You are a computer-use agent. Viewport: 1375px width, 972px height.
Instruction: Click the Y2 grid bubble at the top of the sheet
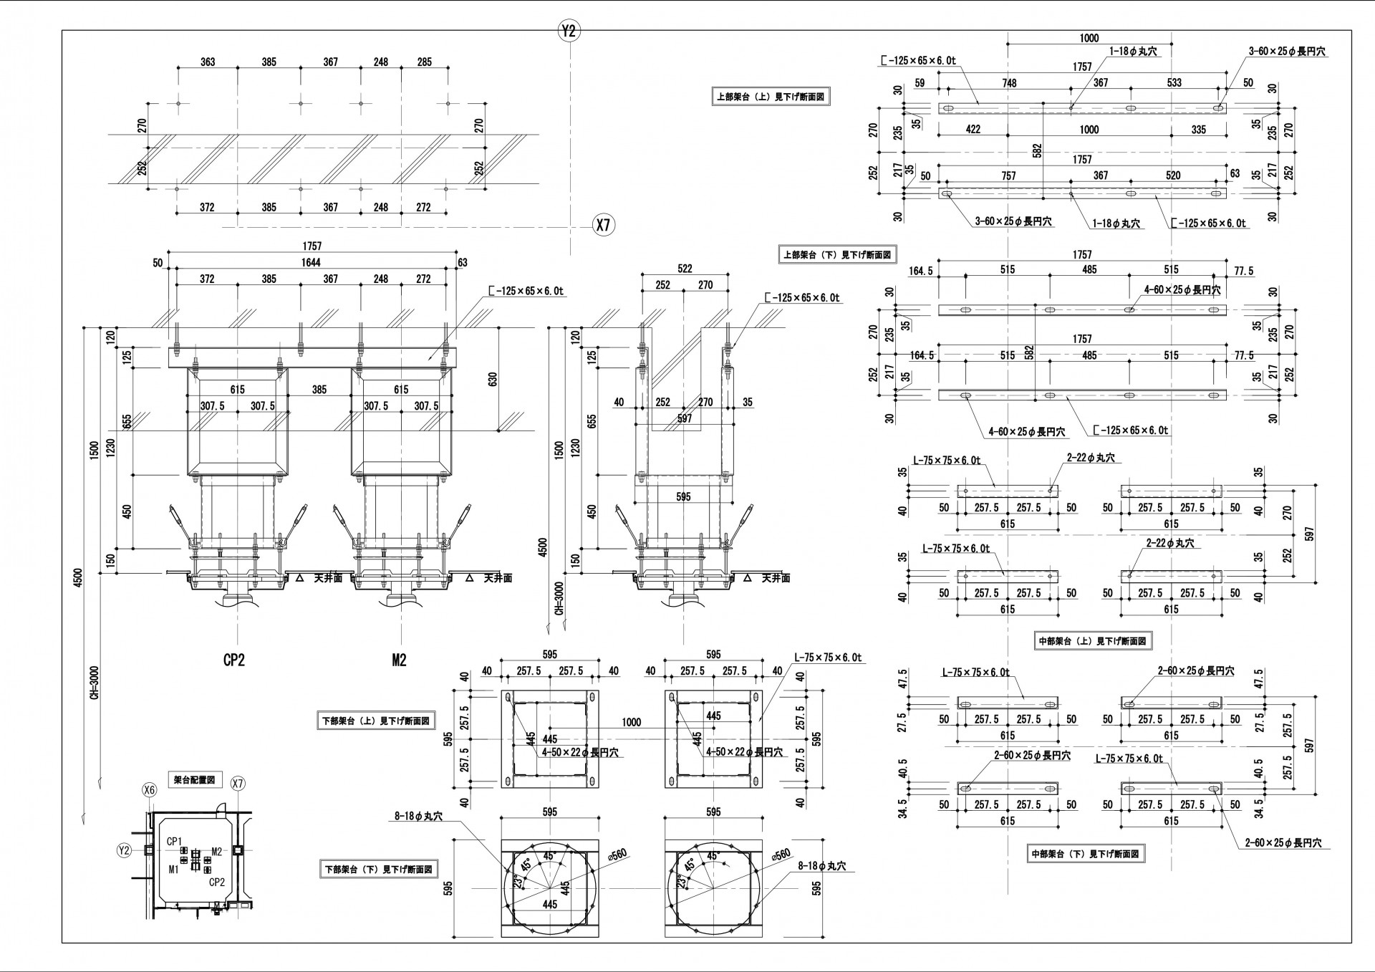pos(569,31)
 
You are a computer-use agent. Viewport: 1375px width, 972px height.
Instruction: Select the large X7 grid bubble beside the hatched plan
pos(604,226)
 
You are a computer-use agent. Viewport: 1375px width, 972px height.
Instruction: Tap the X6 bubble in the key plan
pos(149,790)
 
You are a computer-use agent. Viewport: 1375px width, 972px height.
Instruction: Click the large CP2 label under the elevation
pos(233,660)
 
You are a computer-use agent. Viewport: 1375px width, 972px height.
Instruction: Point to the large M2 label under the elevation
pos(399,660)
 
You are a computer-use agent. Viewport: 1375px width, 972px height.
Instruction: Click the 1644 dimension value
pos(311,263)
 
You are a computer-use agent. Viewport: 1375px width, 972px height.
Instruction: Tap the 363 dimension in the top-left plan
pos(208,62)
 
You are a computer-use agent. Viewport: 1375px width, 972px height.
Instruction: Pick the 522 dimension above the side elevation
pos(685,269)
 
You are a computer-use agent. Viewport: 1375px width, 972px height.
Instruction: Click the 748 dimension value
pos(1009,83)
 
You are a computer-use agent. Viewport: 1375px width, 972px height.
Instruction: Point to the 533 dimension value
pos(1174,83)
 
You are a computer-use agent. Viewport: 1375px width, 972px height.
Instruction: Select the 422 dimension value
pos(973,130)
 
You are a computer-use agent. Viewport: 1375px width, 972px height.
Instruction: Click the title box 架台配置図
pos(194,779)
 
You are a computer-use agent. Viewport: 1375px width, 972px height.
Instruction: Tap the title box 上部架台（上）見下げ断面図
pos(772,97)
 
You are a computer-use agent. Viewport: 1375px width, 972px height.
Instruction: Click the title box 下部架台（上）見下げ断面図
pos(375,721)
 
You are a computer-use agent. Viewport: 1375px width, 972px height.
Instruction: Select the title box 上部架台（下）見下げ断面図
pos(836,254)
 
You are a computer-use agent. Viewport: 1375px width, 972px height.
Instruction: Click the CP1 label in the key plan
pos(175,841)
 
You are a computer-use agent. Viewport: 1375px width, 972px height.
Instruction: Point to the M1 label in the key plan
pos(173,870)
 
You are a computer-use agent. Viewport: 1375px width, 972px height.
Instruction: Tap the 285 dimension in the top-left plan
pos(424,62)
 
